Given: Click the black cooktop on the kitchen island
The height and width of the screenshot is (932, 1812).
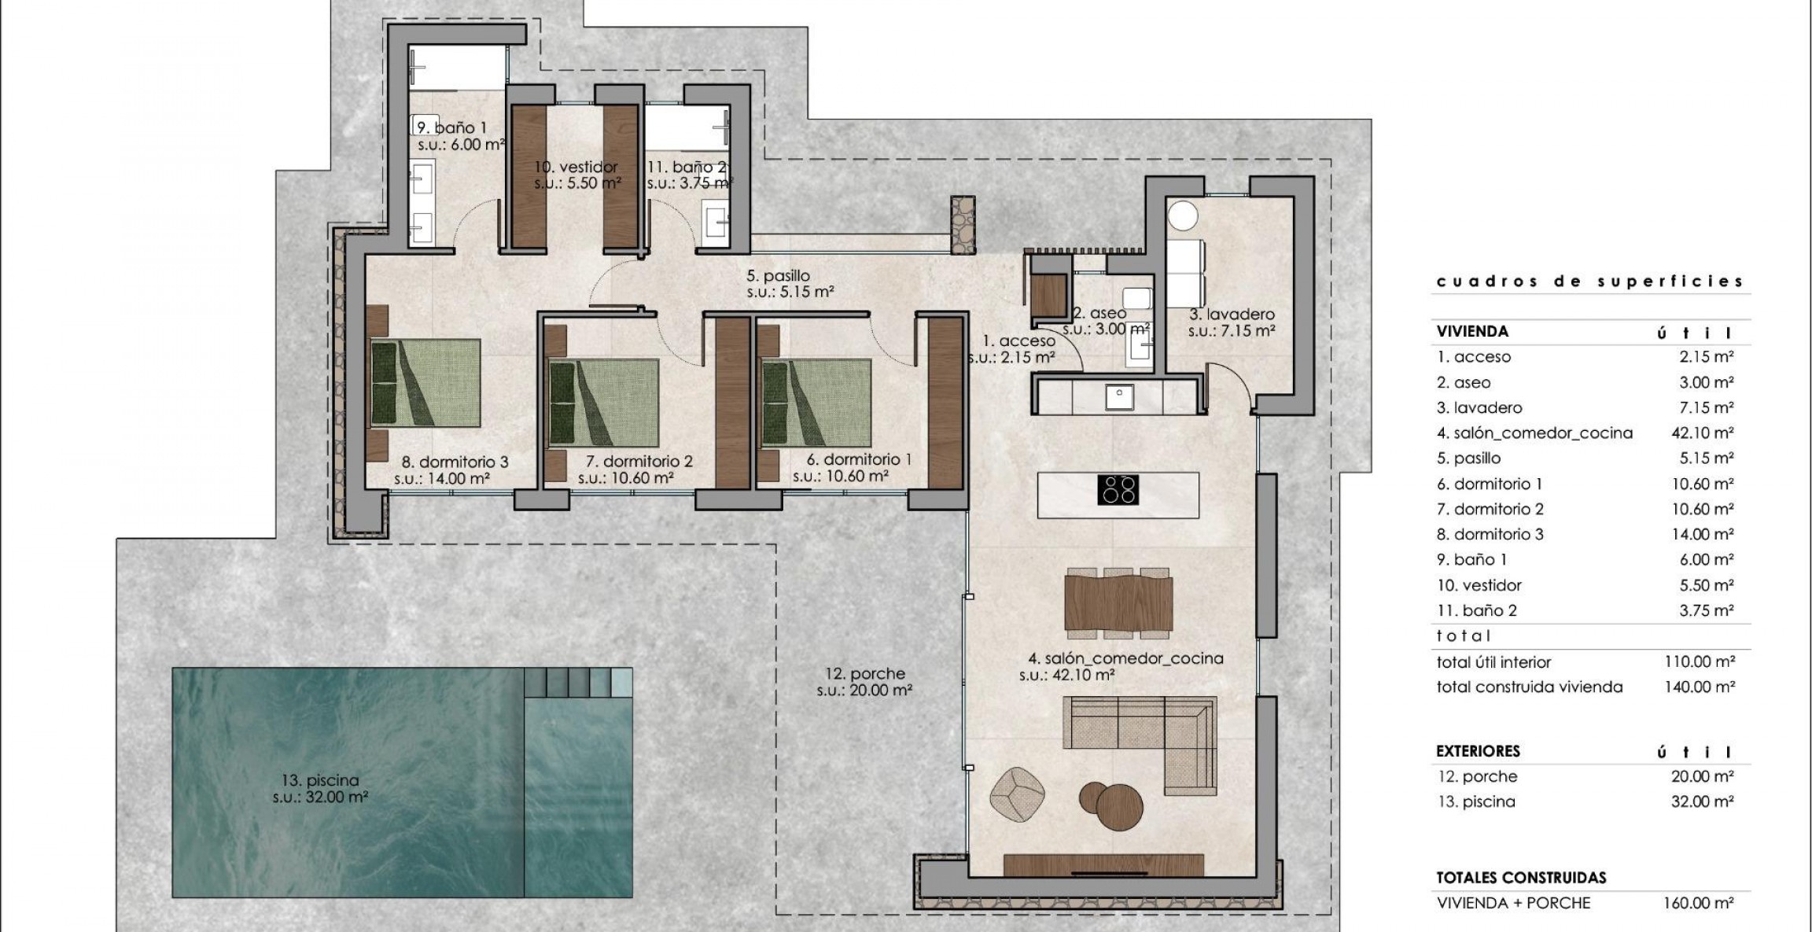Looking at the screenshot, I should tap(1118, 489).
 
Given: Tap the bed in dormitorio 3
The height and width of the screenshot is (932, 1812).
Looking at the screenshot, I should tap(425, 383).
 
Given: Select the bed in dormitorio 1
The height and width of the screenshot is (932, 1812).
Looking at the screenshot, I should tap(816, 402).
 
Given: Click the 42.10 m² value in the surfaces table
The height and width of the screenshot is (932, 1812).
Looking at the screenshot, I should tap(1703, 433).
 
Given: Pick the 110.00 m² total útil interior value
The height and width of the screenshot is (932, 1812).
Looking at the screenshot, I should tap(1699, 662).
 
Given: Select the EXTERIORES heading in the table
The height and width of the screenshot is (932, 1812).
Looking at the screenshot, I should tap(1478, 751).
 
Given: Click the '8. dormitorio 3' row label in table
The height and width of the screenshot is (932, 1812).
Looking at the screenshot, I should tap(1490, 534).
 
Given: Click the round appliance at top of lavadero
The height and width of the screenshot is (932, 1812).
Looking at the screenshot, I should tap(1181, 215).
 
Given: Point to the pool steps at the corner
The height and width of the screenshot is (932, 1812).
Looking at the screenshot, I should tap(580, 683).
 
